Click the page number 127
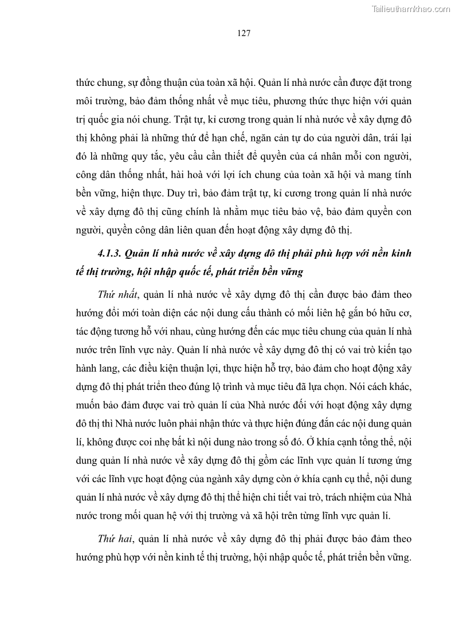point(244,33)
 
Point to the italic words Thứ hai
point(112,539)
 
